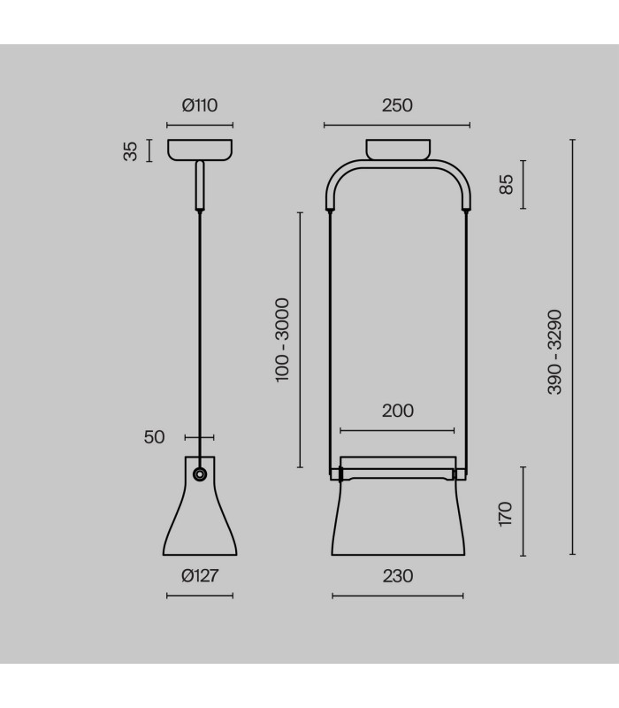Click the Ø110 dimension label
pos(200,105)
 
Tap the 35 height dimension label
pos(130,151)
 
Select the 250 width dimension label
pos(397,105)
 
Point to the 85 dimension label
pos(506,184)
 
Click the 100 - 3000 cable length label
pos(282,340)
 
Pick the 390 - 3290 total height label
pos(554,352)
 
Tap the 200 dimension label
pos(397,411)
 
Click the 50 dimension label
pos(154,437)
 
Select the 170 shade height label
pos(506,513)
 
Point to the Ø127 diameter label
pos(200,576)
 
